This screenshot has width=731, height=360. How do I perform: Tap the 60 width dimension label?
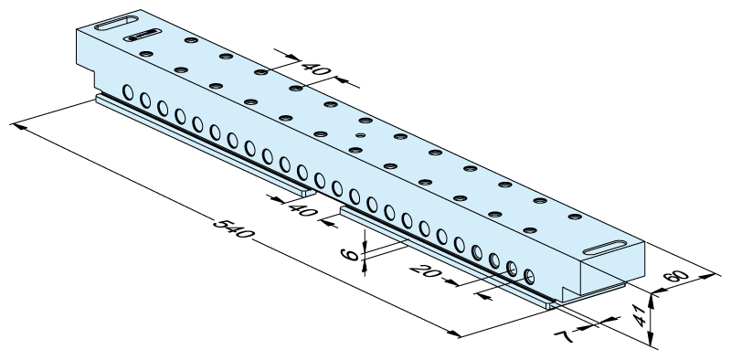[676, 276]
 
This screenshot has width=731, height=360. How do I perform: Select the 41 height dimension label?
[641, 316]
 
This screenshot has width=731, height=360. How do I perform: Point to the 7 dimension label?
[565, 335]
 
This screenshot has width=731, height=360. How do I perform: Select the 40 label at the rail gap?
[303, 210]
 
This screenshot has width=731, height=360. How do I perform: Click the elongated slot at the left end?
[116, 23]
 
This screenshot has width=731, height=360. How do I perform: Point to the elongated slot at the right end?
[605, 248]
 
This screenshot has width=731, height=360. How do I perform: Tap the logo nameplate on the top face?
[143, 35]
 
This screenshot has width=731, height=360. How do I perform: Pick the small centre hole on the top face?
[360, 135]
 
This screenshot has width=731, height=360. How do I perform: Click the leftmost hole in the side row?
[128, 92]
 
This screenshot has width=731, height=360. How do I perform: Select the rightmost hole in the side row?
[529, 277]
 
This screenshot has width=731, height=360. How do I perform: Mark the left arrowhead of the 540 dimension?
[17, 125]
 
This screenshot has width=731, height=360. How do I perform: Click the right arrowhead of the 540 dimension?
[454, 334]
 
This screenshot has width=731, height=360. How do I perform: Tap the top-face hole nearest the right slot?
[576, 217]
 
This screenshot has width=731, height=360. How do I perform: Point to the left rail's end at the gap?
[308, 192]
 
